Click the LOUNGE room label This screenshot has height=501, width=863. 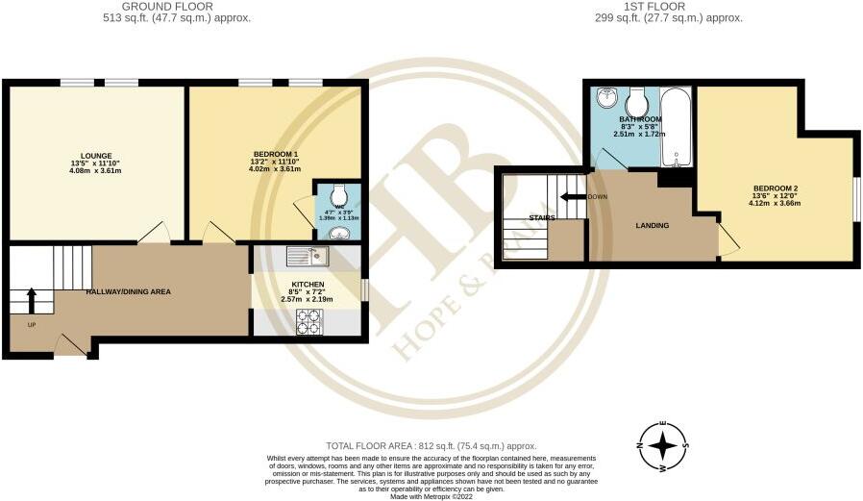[97, 156]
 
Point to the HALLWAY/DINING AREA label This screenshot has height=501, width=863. [128, 290]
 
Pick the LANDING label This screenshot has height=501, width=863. [653, 226]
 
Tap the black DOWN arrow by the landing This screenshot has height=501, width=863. [576, 197]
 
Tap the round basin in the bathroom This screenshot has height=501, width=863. [606, 99]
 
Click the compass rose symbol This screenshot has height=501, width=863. [663, 446]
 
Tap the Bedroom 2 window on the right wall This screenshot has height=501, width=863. [857, 204]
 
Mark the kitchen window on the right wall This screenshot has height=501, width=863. [364, 289]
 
